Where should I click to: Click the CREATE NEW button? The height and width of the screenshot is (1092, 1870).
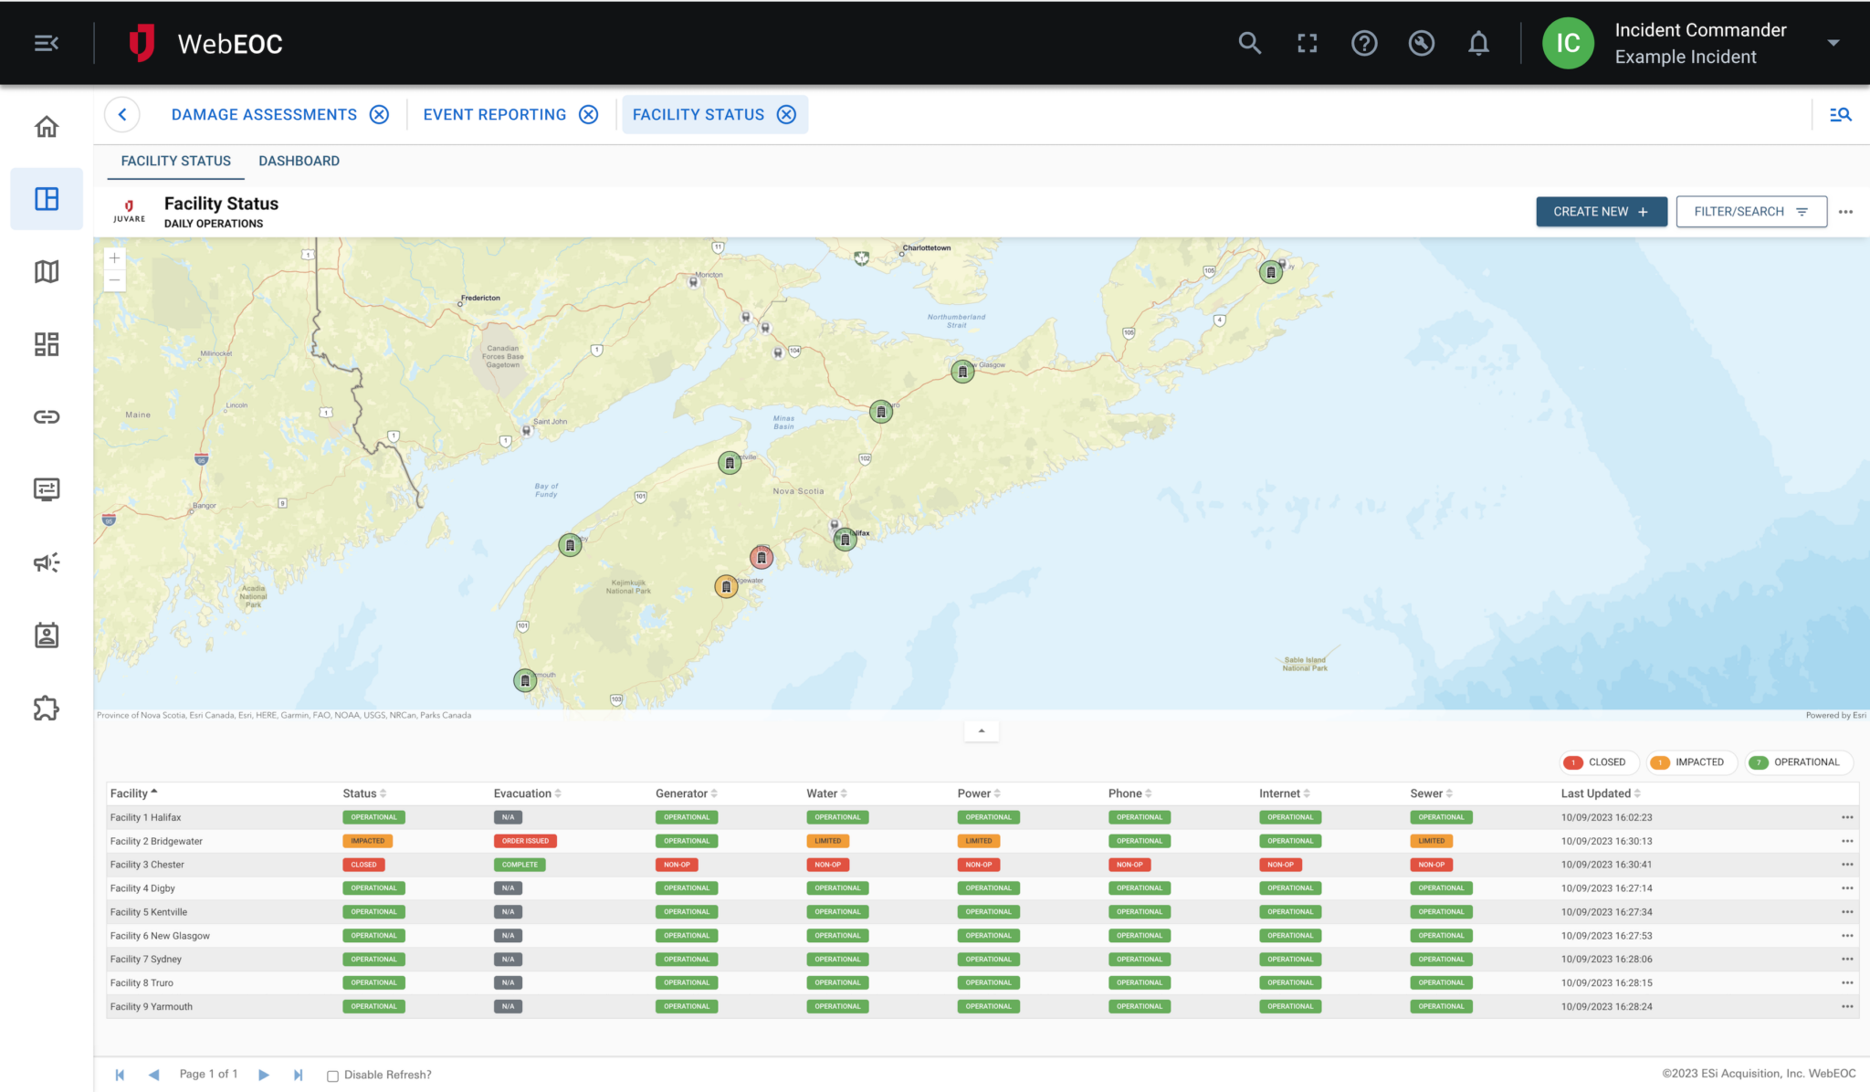point(1601,212)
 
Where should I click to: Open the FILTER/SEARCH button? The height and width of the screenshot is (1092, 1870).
point(1750,212)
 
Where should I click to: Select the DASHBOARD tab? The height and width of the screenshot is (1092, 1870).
point(299,161)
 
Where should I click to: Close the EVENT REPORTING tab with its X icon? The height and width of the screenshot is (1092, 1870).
point(589,114)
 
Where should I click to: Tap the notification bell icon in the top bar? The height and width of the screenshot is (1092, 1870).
point(1478,43)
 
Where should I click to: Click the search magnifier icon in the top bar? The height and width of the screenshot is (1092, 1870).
point(1249,43)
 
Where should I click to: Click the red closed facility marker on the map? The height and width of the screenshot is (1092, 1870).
point(762,557)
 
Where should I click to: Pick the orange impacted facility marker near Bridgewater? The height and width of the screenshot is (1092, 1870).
point(726,586)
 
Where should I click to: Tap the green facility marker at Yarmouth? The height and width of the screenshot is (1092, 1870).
point(525,680)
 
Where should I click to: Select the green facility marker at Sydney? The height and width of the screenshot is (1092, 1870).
point(1270,272)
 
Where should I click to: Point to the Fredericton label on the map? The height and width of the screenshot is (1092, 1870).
point(480,298)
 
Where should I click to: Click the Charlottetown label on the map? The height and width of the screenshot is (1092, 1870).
point(926,247)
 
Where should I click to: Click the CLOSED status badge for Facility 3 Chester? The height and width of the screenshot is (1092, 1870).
point(363,865)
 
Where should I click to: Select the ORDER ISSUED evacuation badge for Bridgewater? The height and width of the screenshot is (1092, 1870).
point(525,841)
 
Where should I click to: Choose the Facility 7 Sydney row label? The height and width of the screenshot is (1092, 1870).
point(146,960)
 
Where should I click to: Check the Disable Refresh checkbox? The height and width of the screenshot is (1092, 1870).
point(333,1076)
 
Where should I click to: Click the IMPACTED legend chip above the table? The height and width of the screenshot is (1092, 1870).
point(1689,762)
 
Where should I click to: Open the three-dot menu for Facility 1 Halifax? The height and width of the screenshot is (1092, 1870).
point(1847,817)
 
